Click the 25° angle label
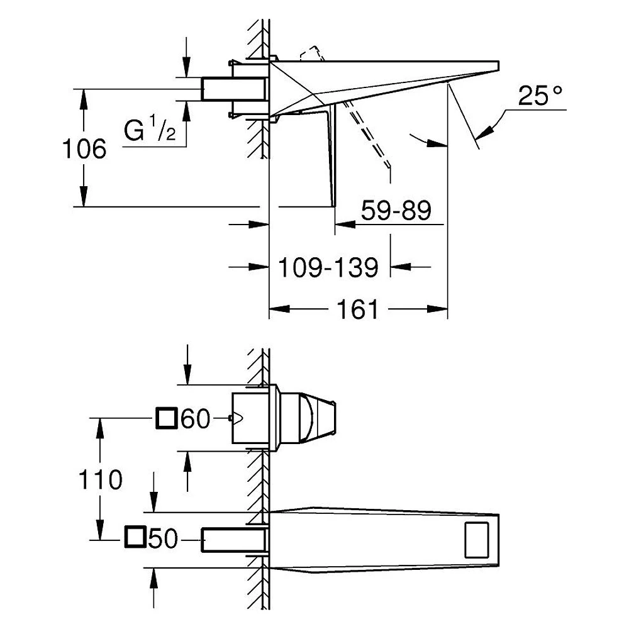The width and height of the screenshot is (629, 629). pos(540,96)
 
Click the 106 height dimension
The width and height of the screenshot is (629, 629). pos(84,149)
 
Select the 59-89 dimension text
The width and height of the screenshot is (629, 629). pos(396,210)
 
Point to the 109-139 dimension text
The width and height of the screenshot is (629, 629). pos(328,267)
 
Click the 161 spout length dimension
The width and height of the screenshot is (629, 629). pos(357,309)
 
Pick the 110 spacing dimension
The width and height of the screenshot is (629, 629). pos(100,480)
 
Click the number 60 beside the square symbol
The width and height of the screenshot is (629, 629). pos(196,419)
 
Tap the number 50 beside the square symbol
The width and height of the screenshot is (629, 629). pos(163,538)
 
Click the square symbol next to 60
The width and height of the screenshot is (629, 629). pos(166,418)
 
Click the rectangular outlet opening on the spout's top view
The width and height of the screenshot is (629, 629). pos(477,540)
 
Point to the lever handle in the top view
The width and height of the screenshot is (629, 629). pos(308,418)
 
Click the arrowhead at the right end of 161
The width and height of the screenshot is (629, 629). pos(438,309)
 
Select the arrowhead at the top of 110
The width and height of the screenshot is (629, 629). pos(100,428)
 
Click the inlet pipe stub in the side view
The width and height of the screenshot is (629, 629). pos(234,89)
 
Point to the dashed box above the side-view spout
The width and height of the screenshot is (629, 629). pos(312,55)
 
